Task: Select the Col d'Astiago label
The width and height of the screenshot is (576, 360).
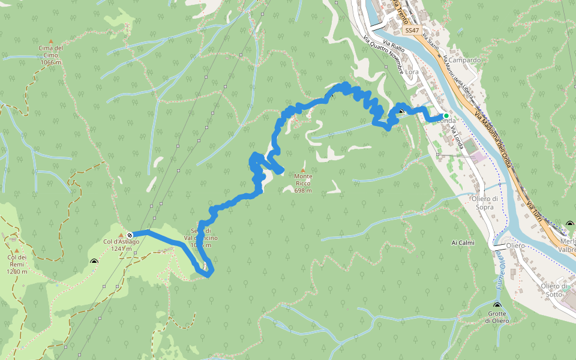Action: pos(121,242)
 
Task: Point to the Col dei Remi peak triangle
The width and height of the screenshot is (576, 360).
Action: pos(17,251)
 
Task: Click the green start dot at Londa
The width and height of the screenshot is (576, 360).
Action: pos(446,116)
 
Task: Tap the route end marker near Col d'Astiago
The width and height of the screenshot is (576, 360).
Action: pos(130,235)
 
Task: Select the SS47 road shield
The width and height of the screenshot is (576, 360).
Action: pos(412,30)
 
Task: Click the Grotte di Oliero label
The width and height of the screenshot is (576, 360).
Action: pos(498,317)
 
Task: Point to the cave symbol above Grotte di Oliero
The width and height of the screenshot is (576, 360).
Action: pos(497,307)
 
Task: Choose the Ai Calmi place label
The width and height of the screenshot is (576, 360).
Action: pos(463,243)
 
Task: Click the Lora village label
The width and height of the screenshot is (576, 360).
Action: pos(412,72)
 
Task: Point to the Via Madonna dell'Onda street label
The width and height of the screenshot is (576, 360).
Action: pos(500,137)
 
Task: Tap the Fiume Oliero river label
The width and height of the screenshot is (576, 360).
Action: pos(500,269)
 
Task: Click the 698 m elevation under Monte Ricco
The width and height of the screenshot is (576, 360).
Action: pos(303,191)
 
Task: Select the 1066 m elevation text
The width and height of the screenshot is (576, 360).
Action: pos(50,62)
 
